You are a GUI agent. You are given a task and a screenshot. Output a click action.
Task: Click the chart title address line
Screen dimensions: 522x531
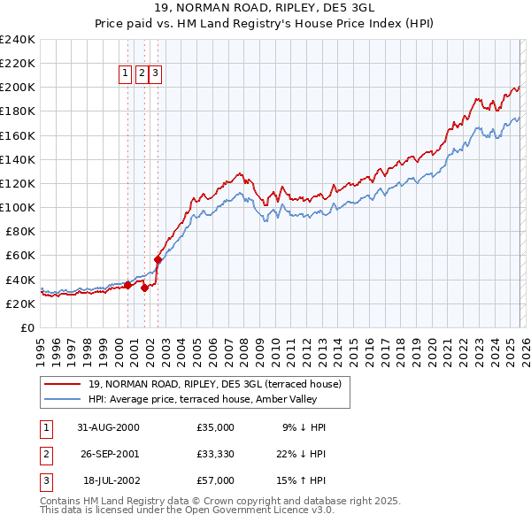pyautogui.click(x=265, y=8)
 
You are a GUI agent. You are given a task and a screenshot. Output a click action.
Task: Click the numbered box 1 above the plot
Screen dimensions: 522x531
pyautogui.click(x=125, y=74)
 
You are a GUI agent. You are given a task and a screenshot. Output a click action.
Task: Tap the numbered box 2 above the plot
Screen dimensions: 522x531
pyautogui.click(x=141, y=74)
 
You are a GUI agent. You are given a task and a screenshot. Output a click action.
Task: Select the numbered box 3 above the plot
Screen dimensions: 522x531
pyautogui.click(x=155, y=74)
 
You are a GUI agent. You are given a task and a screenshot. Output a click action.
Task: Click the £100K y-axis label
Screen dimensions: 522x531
pyautogui.click(x=17, y=207)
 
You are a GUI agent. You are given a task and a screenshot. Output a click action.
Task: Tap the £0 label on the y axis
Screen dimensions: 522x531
pyautogui.click(x=27, y=327)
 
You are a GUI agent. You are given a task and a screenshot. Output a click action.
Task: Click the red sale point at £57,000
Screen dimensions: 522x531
pyautogui.click(x=158, y=259)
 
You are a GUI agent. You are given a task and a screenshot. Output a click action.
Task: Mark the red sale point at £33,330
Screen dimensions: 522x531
pyautogui.click(x=144, y=288)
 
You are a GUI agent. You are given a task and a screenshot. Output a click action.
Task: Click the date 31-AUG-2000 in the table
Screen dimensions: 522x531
pyautogui.click(x=109, y=426)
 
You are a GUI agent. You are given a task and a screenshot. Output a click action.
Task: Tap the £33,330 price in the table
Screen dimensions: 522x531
pyautogui.click(x=216, y=453)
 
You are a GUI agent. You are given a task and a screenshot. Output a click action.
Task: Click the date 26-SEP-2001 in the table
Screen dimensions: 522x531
pyautogui.click(x=109, y=453)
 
